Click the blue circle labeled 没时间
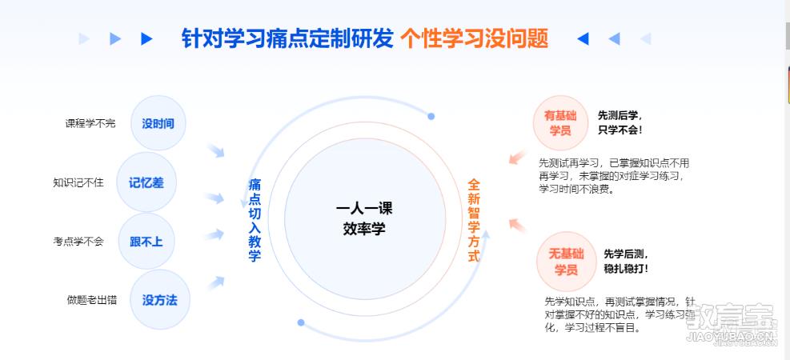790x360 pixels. click(158, 123)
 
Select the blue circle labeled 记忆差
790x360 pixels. click(146, 182)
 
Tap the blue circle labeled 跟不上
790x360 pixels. click(146, 241)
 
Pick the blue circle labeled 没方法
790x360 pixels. click(160, 299)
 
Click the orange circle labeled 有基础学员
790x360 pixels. click(560, 123)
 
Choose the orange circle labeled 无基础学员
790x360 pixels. click(566, 262)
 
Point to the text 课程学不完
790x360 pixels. click(90, 123)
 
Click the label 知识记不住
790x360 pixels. click(78, 182)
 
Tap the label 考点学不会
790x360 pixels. click(78, 242)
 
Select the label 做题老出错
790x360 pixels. click(92, 300)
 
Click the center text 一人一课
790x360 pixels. click(364, 209)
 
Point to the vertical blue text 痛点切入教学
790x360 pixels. click(255, 220)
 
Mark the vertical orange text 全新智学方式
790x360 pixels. click(474, 220)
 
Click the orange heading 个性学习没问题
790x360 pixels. click(474, 38)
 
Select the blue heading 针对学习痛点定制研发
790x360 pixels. click(287, 38)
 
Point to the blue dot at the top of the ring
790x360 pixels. click(431, 116)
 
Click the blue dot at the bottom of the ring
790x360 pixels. click(301, 322)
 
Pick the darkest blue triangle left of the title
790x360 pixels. click(146, 38)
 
